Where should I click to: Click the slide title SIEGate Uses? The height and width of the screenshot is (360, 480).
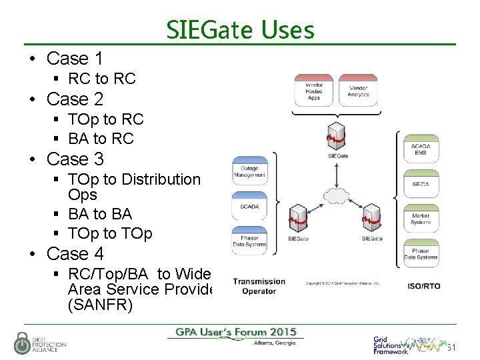[239, 29]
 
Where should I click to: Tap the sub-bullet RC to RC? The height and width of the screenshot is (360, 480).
[101, 79]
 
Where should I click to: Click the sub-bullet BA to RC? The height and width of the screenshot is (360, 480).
[101, 139]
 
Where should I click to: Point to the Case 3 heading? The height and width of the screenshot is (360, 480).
[75, 159]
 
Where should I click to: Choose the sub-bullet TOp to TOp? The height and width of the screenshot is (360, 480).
[110, 233]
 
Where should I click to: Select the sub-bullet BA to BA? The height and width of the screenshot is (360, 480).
[100, 214]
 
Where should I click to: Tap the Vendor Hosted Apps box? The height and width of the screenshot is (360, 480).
[314, 91]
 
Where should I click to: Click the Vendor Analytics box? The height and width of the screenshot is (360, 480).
[358, 91]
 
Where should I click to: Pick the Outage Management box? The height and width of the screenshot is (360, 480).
[249, 171]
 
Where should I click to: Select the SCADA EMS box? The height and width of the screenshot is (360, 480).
[421, 149]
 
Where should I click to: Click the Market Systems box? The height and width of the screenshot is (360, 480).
[421, 218]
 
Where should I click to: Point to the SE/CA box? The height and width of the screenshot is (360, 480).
[421, 184]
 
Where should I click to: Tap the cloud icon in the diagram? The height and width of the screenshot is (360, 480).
[335, 195]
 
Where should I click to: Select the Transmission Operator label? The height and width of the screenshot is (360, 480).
[259, 286]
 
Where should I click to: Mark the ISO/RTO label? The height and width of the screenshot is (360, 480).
[423, 286]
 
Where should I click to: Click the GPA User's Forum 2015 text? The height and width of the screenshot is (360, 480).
[236, 333]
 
